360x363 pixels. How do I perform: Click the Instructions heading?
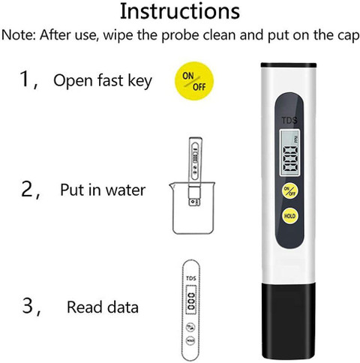[180, 12]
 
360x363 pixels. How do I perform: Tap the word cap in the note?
[349, 37]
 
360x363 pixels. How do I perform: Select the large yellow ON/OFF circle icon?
[194, 81]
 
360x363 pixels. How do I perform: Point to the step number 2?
[27, 189]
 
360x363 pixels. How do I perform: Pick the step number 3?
[28, 306]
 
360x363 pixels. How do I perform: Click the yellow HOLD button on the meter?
[289, 216]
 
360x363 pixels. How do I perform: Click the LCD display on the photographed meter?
[289, 153]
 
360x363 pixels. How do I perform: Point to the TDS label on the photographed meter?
[289, 121]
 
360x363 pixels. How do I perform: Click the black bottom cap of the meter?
[289, 321]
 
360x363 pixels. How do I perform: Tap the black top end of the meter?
[289, 65]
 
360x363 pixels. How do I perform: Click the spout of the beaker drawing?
[172, 186]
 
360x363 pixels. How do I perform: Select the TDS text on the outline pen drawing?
[191, 278]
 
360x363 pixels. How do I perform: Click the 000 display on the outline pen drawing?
[191, 301]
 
